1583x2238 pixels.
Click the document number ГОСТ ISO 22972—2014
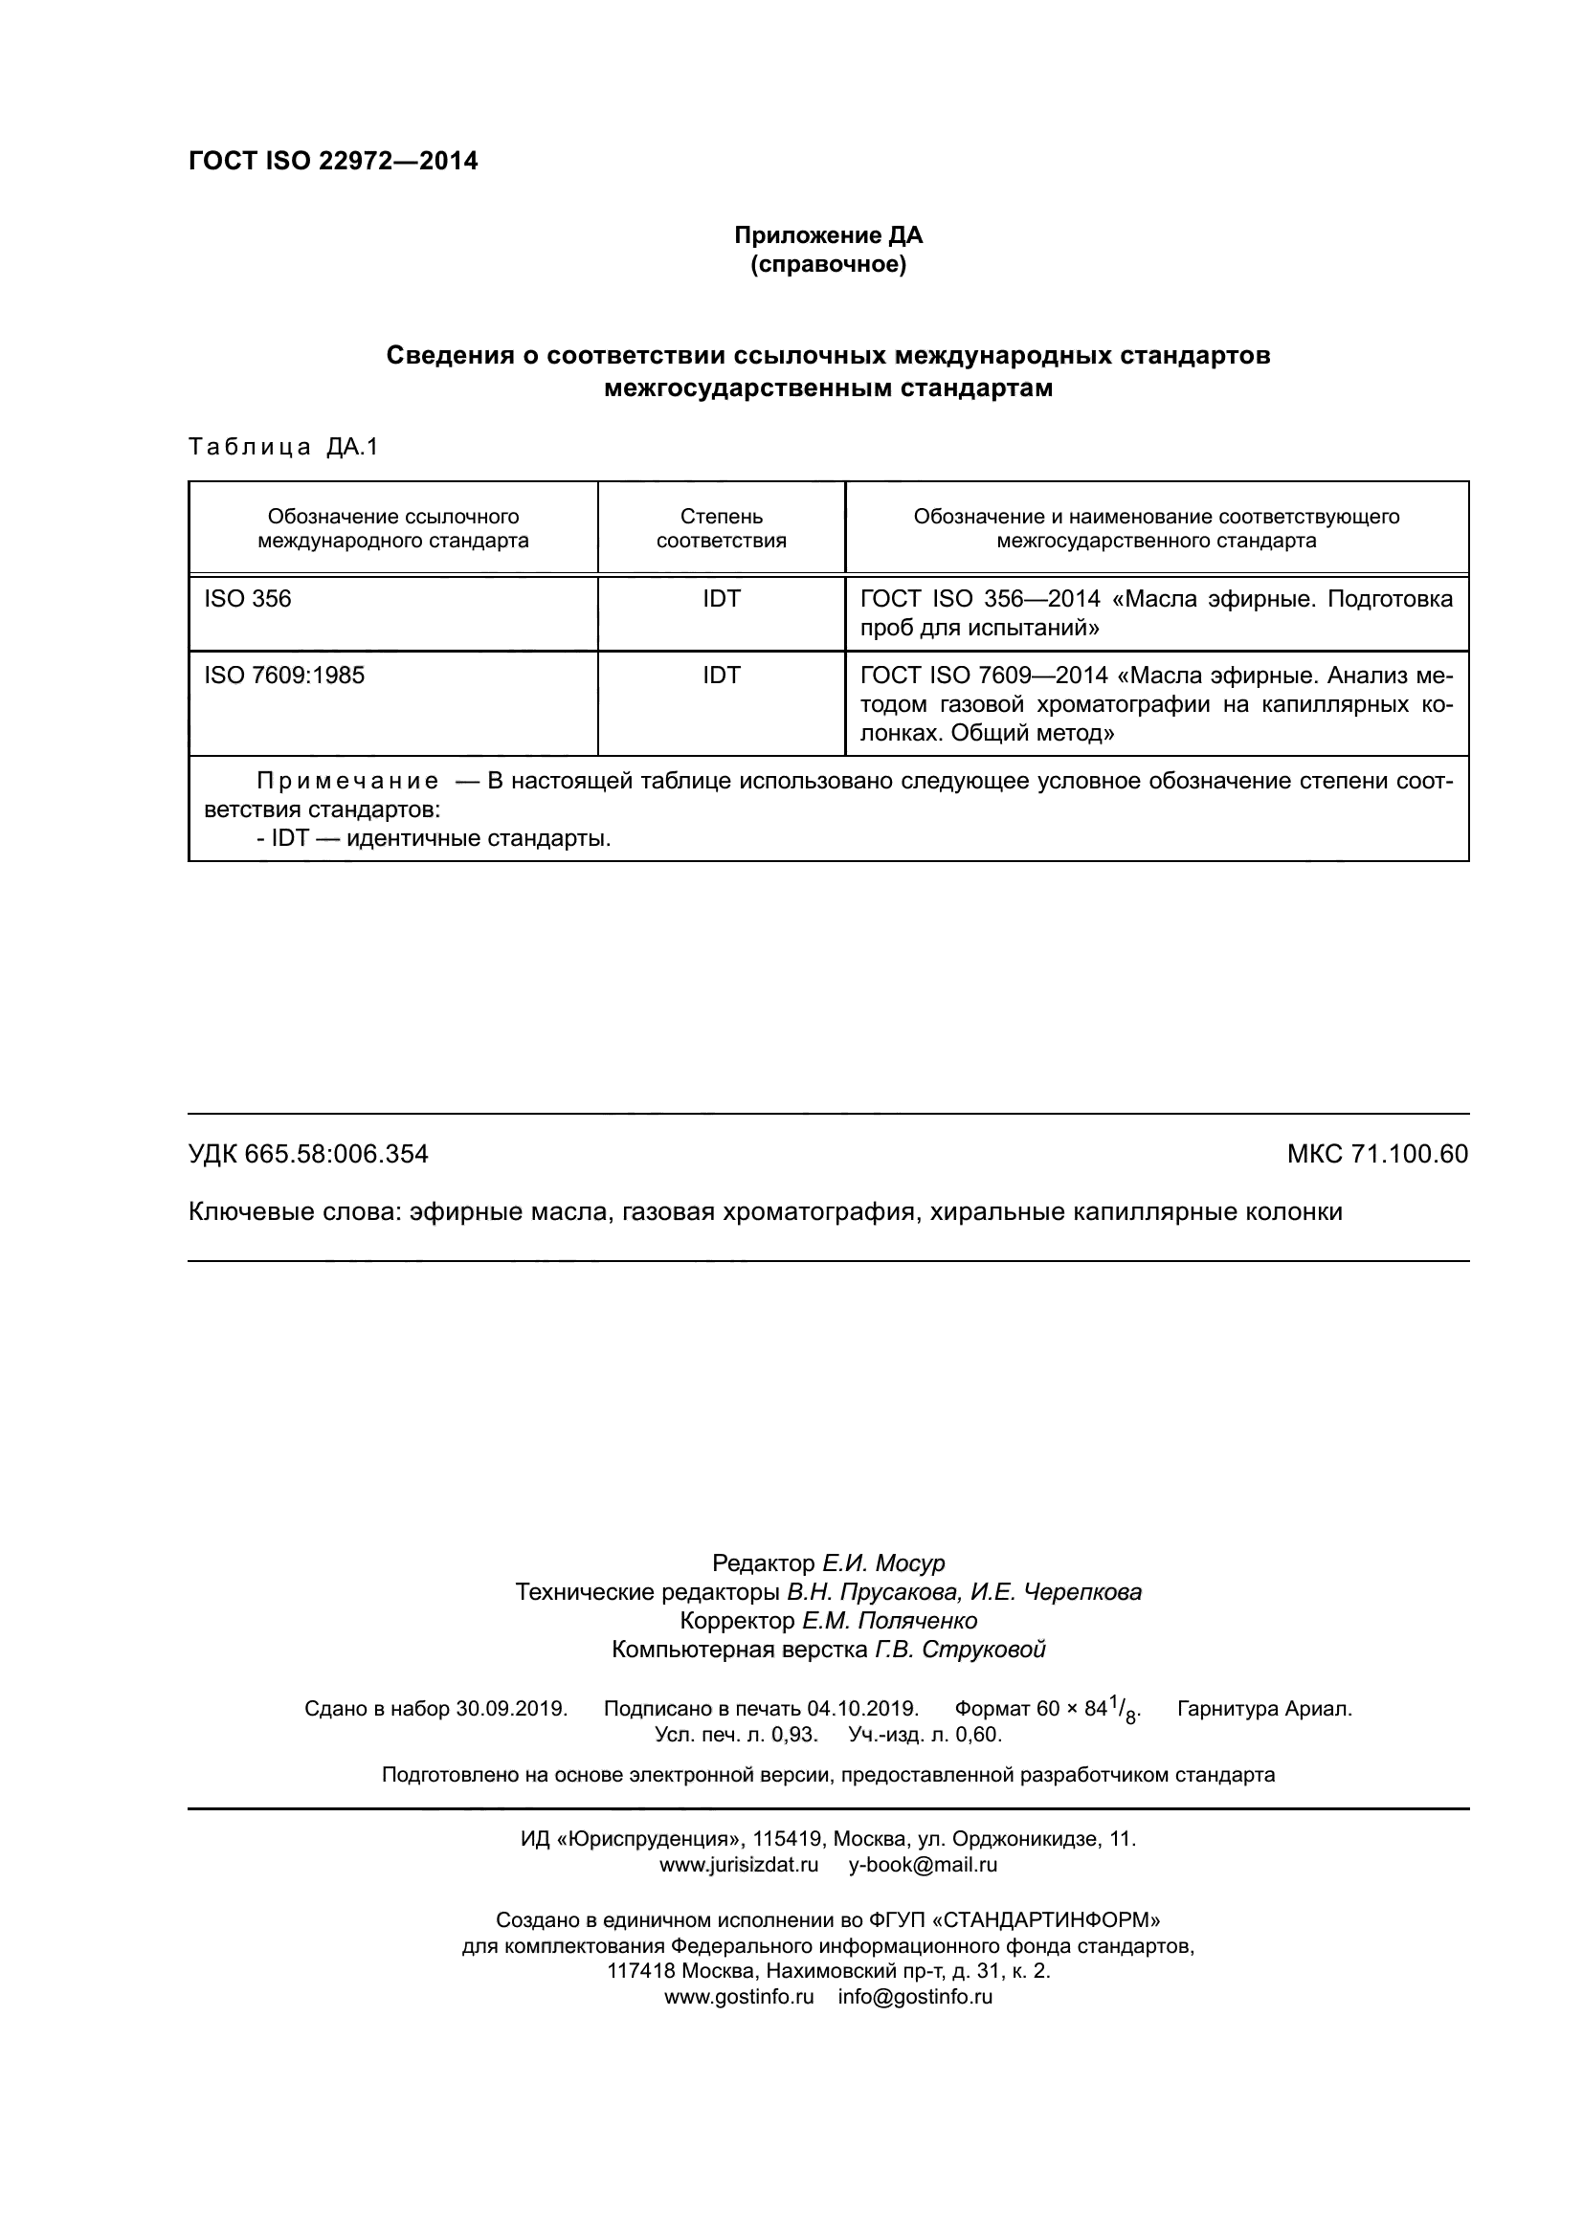click(x=332, y=161)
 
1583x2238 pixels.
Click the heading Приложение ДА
click(x=828, y=235)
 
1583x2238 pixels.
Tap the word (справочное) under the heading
click(x=828, y=264)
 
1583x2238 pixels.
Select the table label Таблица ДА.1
click(x=282, y=447)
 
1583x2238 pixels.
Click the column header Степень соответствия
click(x=722, y=528)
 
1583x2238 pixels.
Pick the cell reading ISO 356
click(x=248, y=598)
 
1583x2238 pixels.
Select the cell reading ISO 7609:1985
click(x=283, y=675)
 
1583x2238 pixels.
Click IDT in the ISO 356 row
click(x=722, y=598)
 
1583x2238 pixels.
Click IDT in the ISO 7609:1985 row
click(x=722, y=675)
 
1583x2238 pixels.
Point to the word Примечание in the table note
click(x=347, y=781)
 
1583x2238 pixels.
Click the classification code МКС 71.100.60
click(x=1376, y=1154)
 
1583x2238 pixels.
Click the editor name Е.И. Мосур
click(x=883, y=1563)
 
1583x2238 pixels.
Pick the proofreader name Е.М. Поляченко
click(x=889, y=1621)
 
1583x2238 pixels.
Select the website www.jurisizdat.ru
click(x=739, y=1866)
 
